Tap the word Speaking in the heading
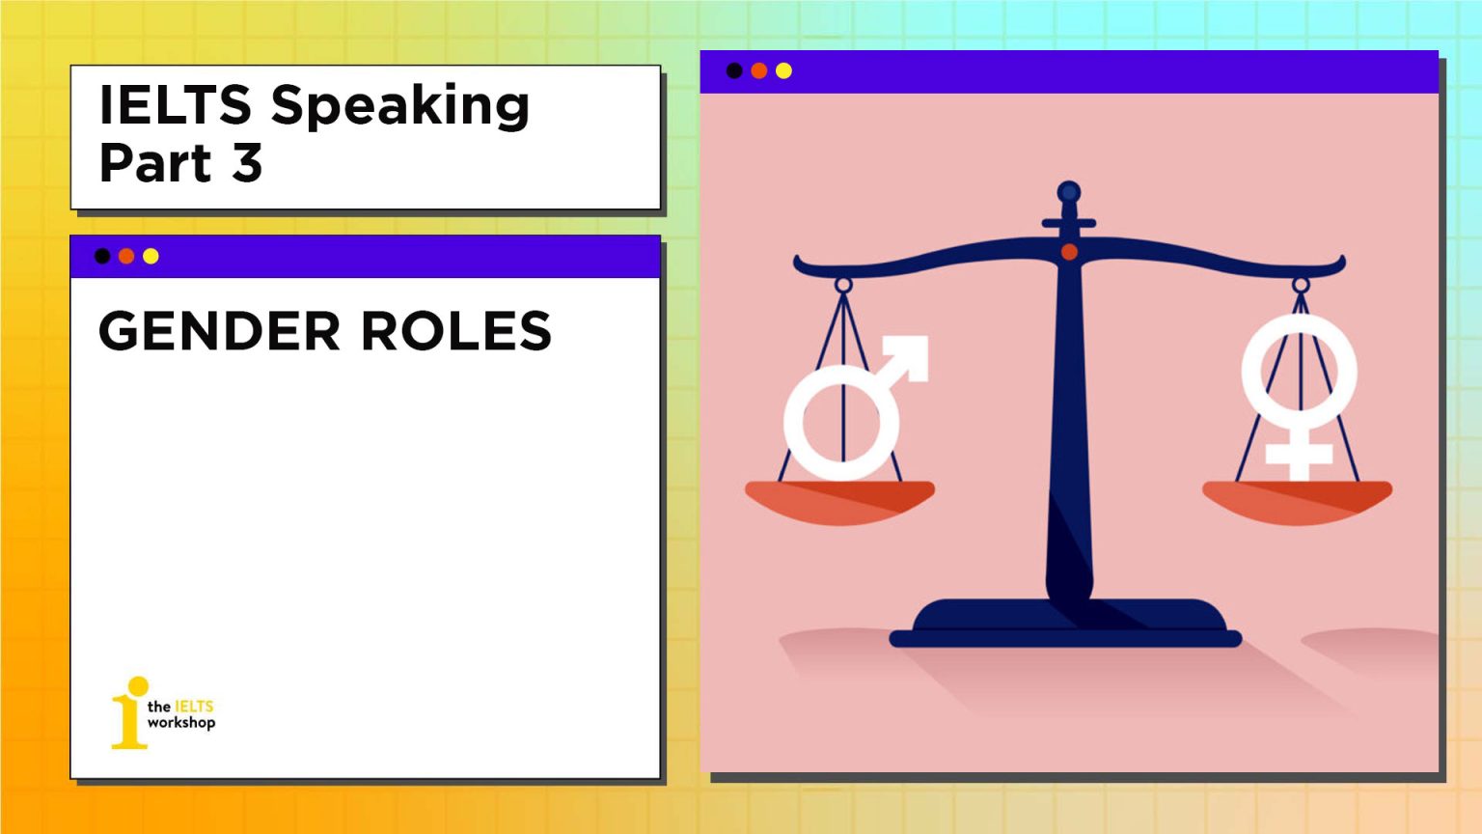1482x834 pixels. point(399,106)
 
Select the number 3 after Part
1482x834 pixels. point(247,163)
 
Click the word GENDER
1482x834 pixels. point(219,331)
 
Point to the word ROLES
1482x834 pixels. point(455,331)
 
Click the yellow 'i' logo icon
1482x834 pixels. point(129,714)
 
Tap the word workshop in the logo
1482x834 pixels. point(181,723)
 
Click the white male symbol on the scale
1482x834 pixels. point(841,422)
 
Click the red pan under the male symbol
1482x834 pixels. point(839,501)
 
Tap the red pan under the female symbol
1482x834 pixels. point(1297,501)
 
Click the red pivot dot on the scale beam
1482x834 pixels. point(1069,252)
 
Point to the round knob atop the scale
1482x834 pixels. point(1068,192)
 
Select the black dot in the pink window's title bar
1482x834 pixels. point(734,70)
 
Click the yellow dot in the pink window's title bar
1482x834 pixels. point(783,70)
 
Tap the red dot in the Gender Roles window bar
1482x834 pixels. point(126,256)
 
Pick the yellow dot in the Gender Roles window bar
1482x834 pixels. point(151,256)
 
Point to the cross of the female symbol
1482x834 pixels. point(1299,454)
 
